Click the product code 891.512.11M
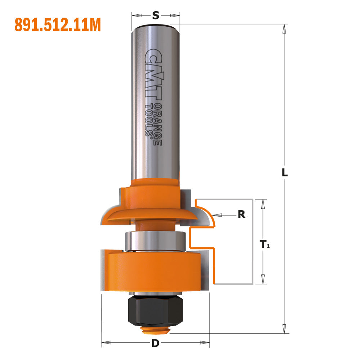pyautogui.click(x=58, y=25)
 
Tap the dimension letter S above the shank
pyautogui.click(x=155, y=15)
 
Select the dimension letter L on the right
pyautogui.click(x=285, y=172)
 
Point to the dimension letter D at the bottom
pyautogui.click(x=155, y=343)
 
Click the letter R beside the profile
pyautogui.click(x=242, y=215)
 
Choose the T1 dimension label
pyautogui.click(x=265, y=245)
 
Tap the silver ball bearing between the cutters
pyautogui.click(x=155, y=240)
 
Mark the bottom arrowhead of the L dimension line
pyautogui.click(x=285, y=328)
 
